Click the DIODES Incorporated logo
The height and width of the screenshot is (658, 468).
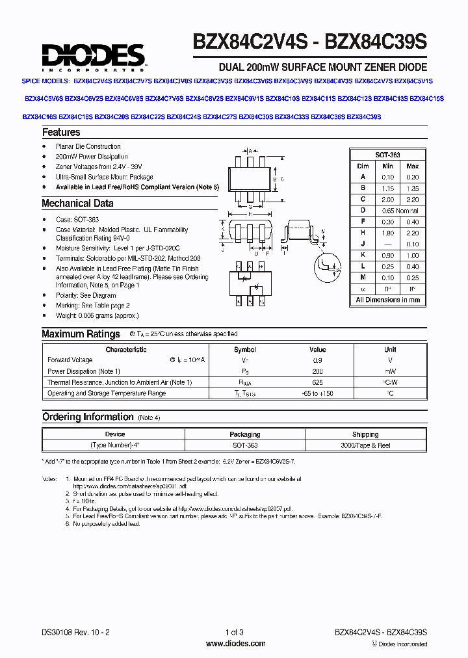tap(94, 57)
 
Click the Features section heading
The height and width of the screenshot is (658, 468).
tap(61, 133)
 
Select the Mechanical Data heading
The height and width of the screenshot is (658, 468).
tap(77, 204)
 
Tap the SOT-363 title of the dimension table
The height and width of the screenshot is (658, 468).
tap(387, 155)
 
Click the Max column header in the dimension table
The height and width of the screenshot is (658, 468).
tap(412, 166)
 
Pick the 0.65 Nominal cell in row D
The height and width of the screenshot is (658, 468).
tap(400, 211)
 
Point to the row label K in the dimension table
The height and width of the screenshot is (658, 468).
tap(363, 256)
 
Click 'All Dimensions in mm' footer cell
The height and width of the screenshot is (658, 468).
tap(387, 300)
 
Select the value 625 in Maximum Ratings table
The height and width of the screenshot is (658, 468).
tap(317, 382)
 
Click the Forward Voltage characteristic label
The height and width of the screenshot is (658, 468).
tap(70, 360)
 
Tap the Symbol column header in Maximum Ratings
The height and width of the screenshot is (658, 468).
tap(245, 349)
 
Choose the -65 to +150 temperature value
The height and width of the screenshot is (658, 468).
tap(317, 393)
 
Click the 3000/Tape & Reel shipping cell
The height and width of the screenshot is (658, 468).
tap(365, 446)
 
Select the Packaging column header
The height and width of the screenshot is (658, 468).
tap(245, 434)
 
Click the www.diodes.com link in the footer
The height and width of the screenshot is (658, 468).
tap(235, 644)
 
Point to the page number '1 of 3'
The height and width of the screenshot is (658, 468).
tap(234, 633)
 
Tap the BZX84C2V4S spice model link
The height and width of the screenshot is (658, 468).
tap(92, 81)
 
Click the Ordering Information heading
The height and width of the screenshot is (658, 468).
tap(87, 417)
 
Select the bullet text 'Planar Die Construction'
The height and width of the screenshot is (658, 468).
tap(88, 146)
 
